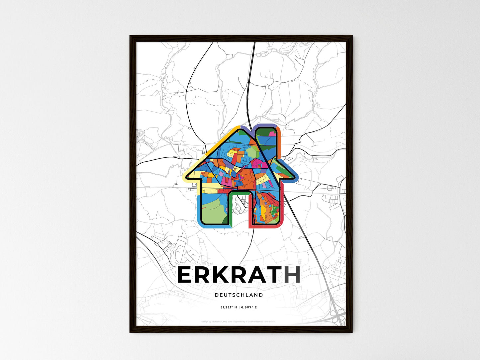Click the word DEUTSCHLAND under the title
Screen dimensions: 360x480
pos(239,295)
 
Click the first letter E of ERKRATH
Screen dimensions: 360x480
pos(186,275)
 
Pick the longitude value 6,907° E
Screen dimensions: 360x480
pos(248,308)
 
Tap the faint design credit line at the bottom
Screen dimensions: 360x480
pos(239,321)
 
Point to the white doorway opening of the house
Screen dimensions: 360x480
pos(239,213)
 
